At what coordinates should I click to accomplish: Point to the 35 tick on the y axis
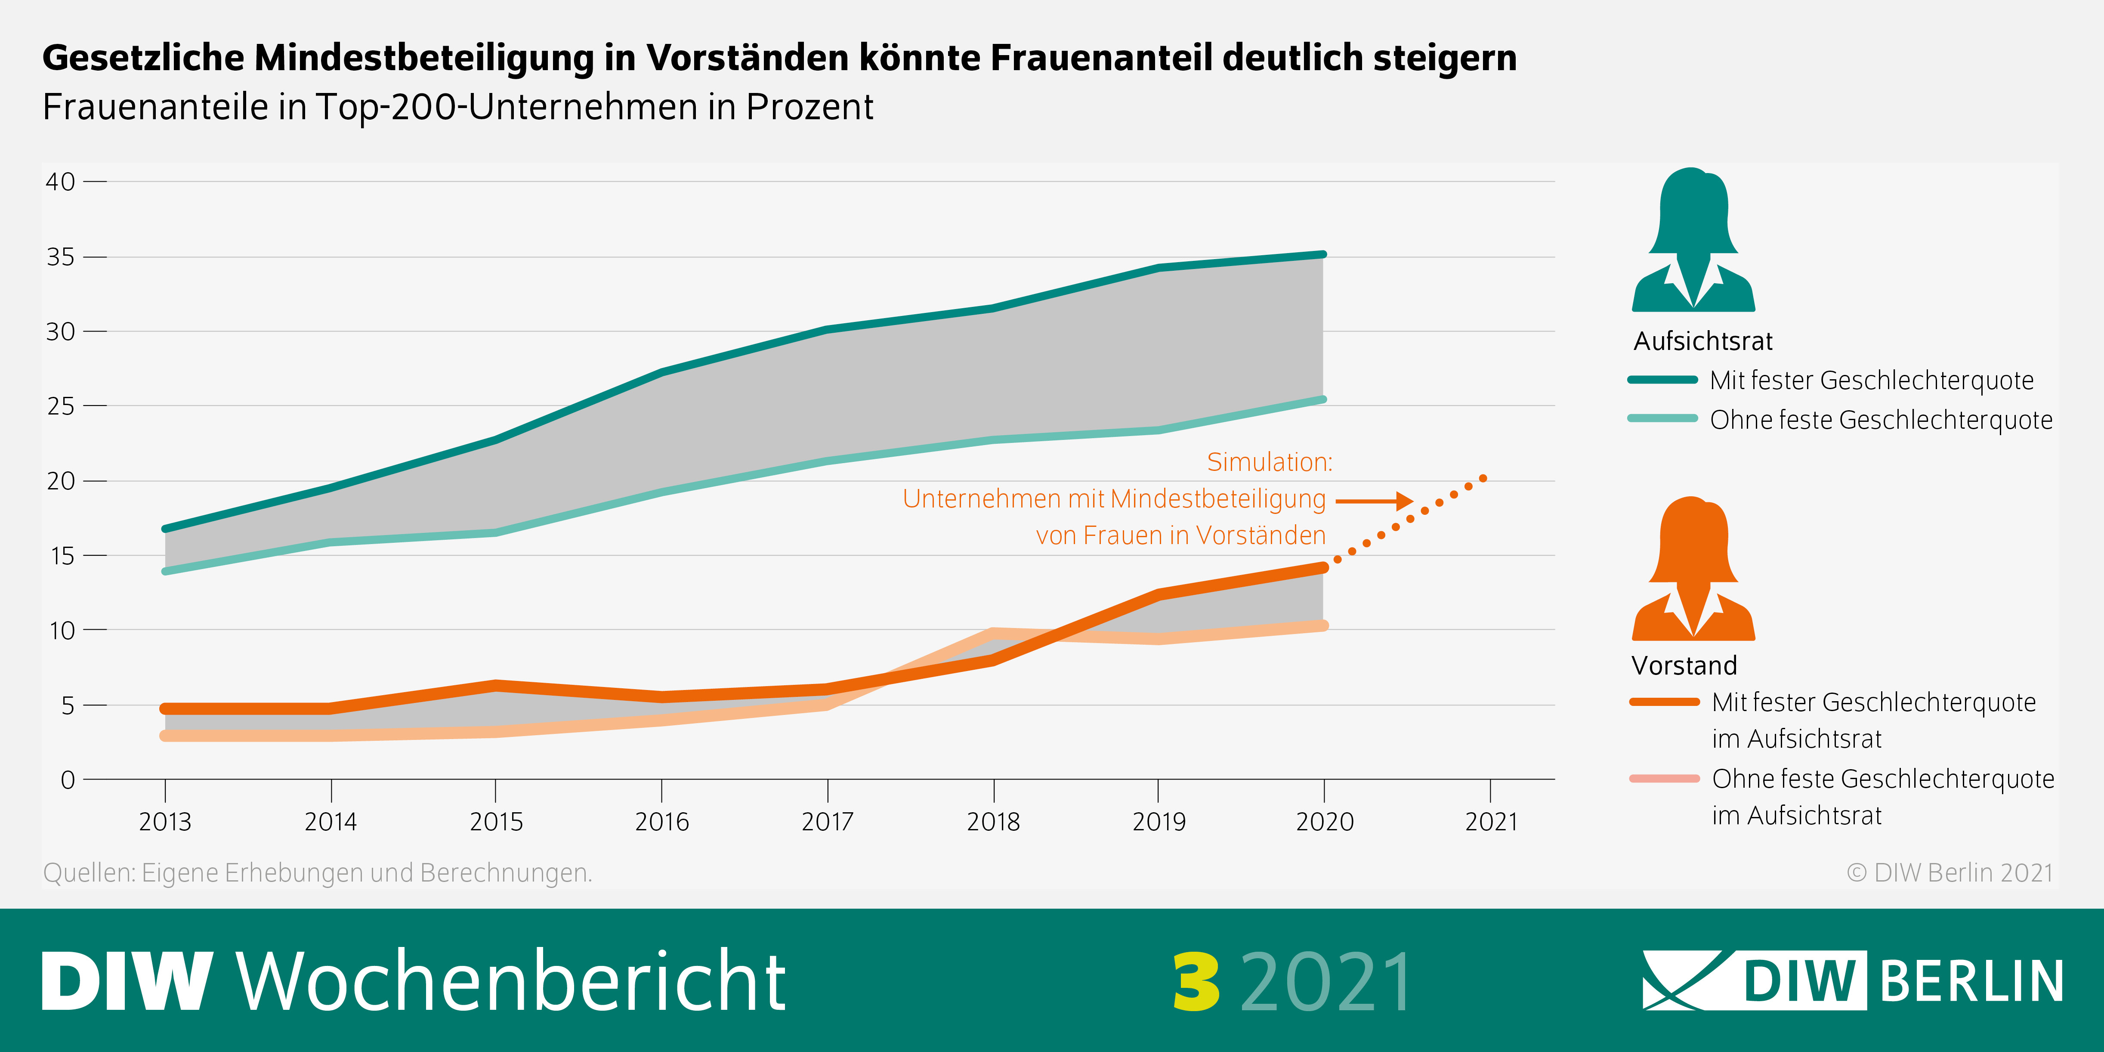[60, 257]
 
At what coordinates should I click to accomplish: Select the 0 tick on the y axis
[68, 780]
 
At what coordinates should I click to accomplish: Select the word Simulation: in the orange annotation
[1269, 462]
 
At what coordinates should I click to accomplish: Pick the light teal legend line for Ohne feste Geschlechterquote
[1662, 418]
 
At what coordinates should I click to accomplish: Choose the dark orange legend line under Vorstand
[1664, 702]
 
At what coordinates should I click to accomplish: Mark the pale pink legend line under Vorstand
[1664, 778]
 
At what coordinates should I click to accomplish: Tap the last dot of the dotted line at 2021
[1483, 479]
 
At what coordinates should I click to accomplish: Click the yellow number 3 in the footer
[1196, 982]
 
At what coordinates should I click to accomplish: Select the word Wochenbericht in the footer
[510, 982]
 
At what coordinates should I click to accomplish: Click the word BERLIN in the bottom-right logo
[1972, 982]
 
